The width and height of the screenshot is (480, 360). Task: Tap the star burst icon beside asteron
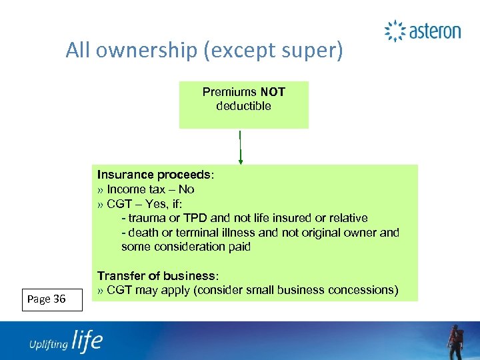point(395,31)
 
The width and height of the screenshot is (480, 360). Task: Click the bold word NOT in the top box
point(273,92)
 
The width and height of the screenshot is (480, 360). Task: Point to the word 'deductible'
point(243,106)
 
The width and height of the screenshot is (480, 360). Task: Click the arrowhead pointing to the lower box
point(241,160)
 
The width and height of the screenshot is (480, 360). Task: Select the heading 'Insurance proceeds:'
point(156,175)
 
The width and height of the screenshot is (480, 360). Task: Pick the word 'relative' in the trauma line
point(346,218)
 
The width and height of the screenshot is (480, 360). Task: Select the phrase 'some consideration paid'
point(185,247)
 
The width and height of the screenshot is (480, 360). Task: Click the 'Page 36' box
point(51,299)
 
